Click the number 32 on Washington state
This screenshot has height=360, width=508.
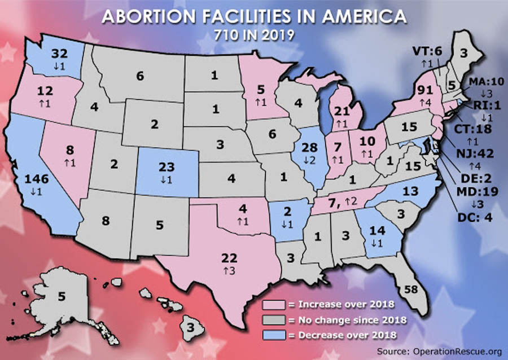tap(59, 55)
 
